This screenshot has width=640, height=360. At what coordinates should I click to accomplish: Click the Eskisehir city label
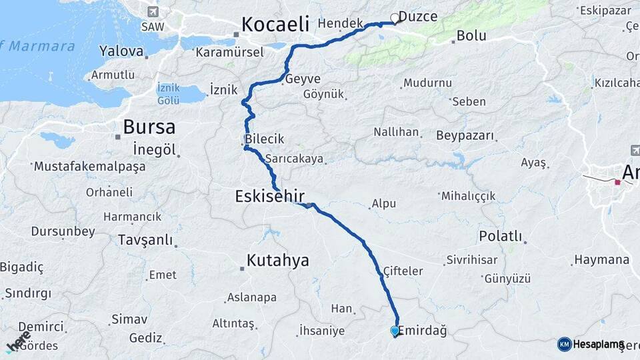tap(269, 196)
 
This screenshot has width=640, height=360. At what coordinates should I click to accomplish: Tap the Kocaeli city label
tap(275, 25)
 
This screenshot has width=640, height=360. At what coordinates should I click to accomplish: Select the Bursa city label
tap(149, 127)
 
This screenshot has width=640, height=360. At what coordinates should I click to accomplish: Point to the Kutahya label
tap(277, 260)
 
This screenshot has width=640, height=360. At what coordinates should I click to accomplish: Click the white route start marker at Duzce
tap(395, 19)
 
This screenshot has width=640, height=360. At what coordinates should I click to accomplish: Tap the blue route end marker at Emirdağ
tap(395, 331)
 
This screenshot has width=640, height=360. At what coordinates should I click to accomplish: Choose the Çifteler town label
tap(403, 271)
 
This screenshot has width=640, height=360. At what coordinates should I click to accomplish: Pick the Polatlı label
tap(500, 237)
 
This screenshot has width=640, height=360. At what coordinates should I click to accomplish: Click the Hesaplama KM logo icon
tap(564, 344)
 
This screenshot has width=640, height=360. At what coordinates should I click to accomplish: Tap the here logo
tap(19, 341)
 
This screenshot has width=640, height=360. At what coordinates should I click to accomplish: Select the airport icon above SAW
tap(153, 12)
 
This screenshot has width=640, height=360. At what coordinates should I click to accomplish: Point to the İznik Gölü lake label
tap(168, 93)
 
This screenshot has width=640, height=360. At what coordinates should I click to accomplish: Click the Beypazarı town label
tap(465, 136)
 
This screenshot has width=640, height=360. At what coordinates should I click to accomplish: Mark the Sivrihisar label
tap(469, 259)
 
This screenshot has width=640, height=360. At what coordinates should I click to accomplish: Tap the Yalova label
tap(121, 51)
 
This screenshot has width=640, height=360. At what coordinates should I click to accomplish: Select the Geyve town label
tap(303, 79)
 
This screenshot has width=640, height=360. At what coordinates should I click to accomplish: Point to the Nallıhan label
tap(396, 132)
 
